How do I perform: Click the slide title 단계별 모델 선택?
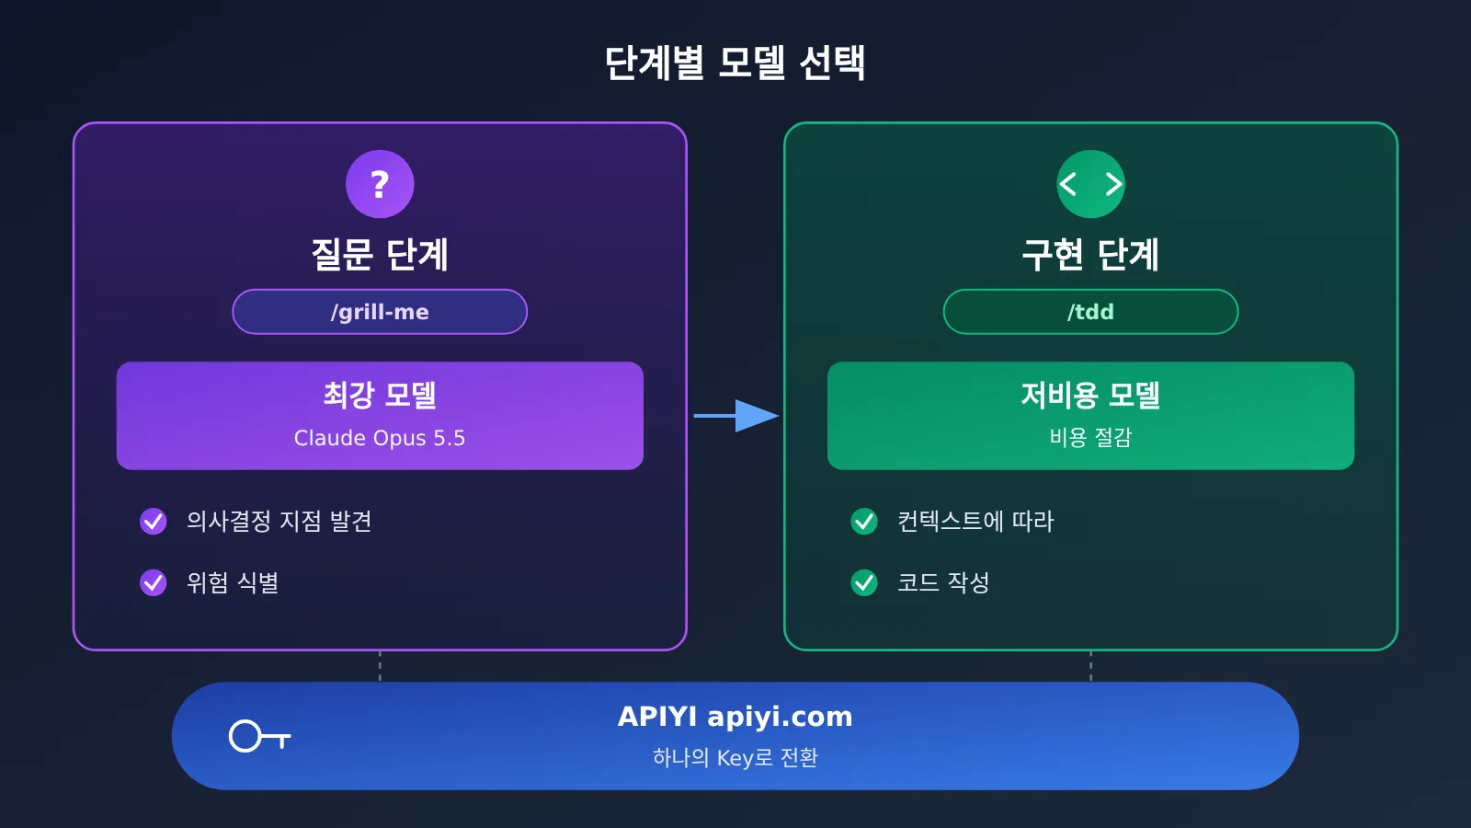pos(735,63)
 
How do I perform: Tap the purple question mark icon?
pos(380,184)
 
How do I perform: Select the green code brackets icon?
pos(1090,184)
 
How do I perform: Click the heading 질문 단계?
pos(380,255)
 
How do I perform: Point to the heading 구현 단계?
pos(1090,255)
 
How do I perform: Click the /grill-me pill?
pos(380,312)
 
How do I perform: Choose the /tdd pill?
pos(1090,312)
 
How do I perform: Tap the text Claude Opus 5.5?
pos(380,438)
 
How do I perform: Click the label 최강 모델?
pos(380,395)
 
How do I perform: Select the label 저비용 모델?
pos(1090,395)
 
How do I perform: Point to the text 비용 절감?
pos(1090,437)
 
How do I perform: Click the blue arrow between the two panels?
pos(736,415)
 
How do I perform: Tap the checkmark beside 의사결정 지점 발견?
pos(153,521)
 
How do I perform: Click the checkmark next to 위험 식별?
pos(153,582)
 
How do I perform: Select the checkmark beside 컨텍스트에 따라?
pos(864,521)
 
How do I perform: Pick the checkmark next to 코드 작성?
pos(864,582)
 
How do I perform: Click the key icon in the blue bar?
pos(259,736)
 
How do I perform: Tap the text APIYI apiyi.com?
pos(735,717)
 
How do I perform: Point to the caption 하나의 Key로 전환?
pos(735,758)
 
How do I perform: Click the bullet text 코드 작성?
pos(943,582)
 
